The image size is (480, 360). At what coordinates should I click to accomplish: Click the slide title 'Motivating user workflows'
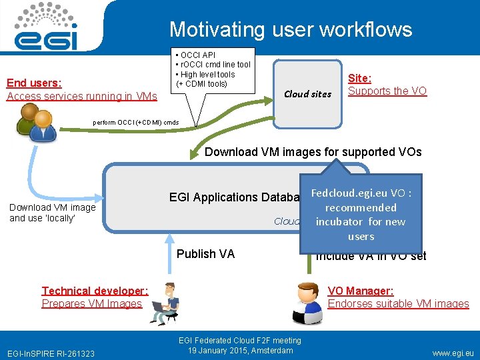(291, 29)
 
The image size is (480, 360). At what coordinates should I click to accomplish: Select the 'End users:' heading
(34, 83)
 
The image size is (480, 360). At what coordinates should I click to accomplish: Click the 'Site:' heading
(360, 78)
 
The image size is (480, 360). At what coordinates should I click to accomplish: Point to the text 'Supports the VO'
(387, 91)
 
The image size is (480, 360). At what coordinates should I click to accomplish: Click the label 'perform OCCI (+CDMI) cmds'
(135, 123)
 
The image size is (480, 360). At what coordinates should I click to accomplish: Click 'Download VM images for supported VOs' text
(313, 151)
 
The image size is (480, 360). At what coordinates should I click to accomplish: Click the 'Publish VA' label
(205, 254)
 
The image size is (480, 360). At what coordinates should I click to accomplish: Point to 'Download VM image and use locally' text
(53, 213)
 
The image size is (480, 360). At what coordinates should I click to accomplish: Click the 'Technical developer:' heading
(95, 291)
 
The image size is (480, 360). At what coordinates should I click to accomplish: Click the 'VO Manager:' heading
(360, 291)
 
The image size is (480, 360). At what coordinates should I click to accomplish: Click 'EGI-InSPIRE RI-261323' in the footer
(51, 353)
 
